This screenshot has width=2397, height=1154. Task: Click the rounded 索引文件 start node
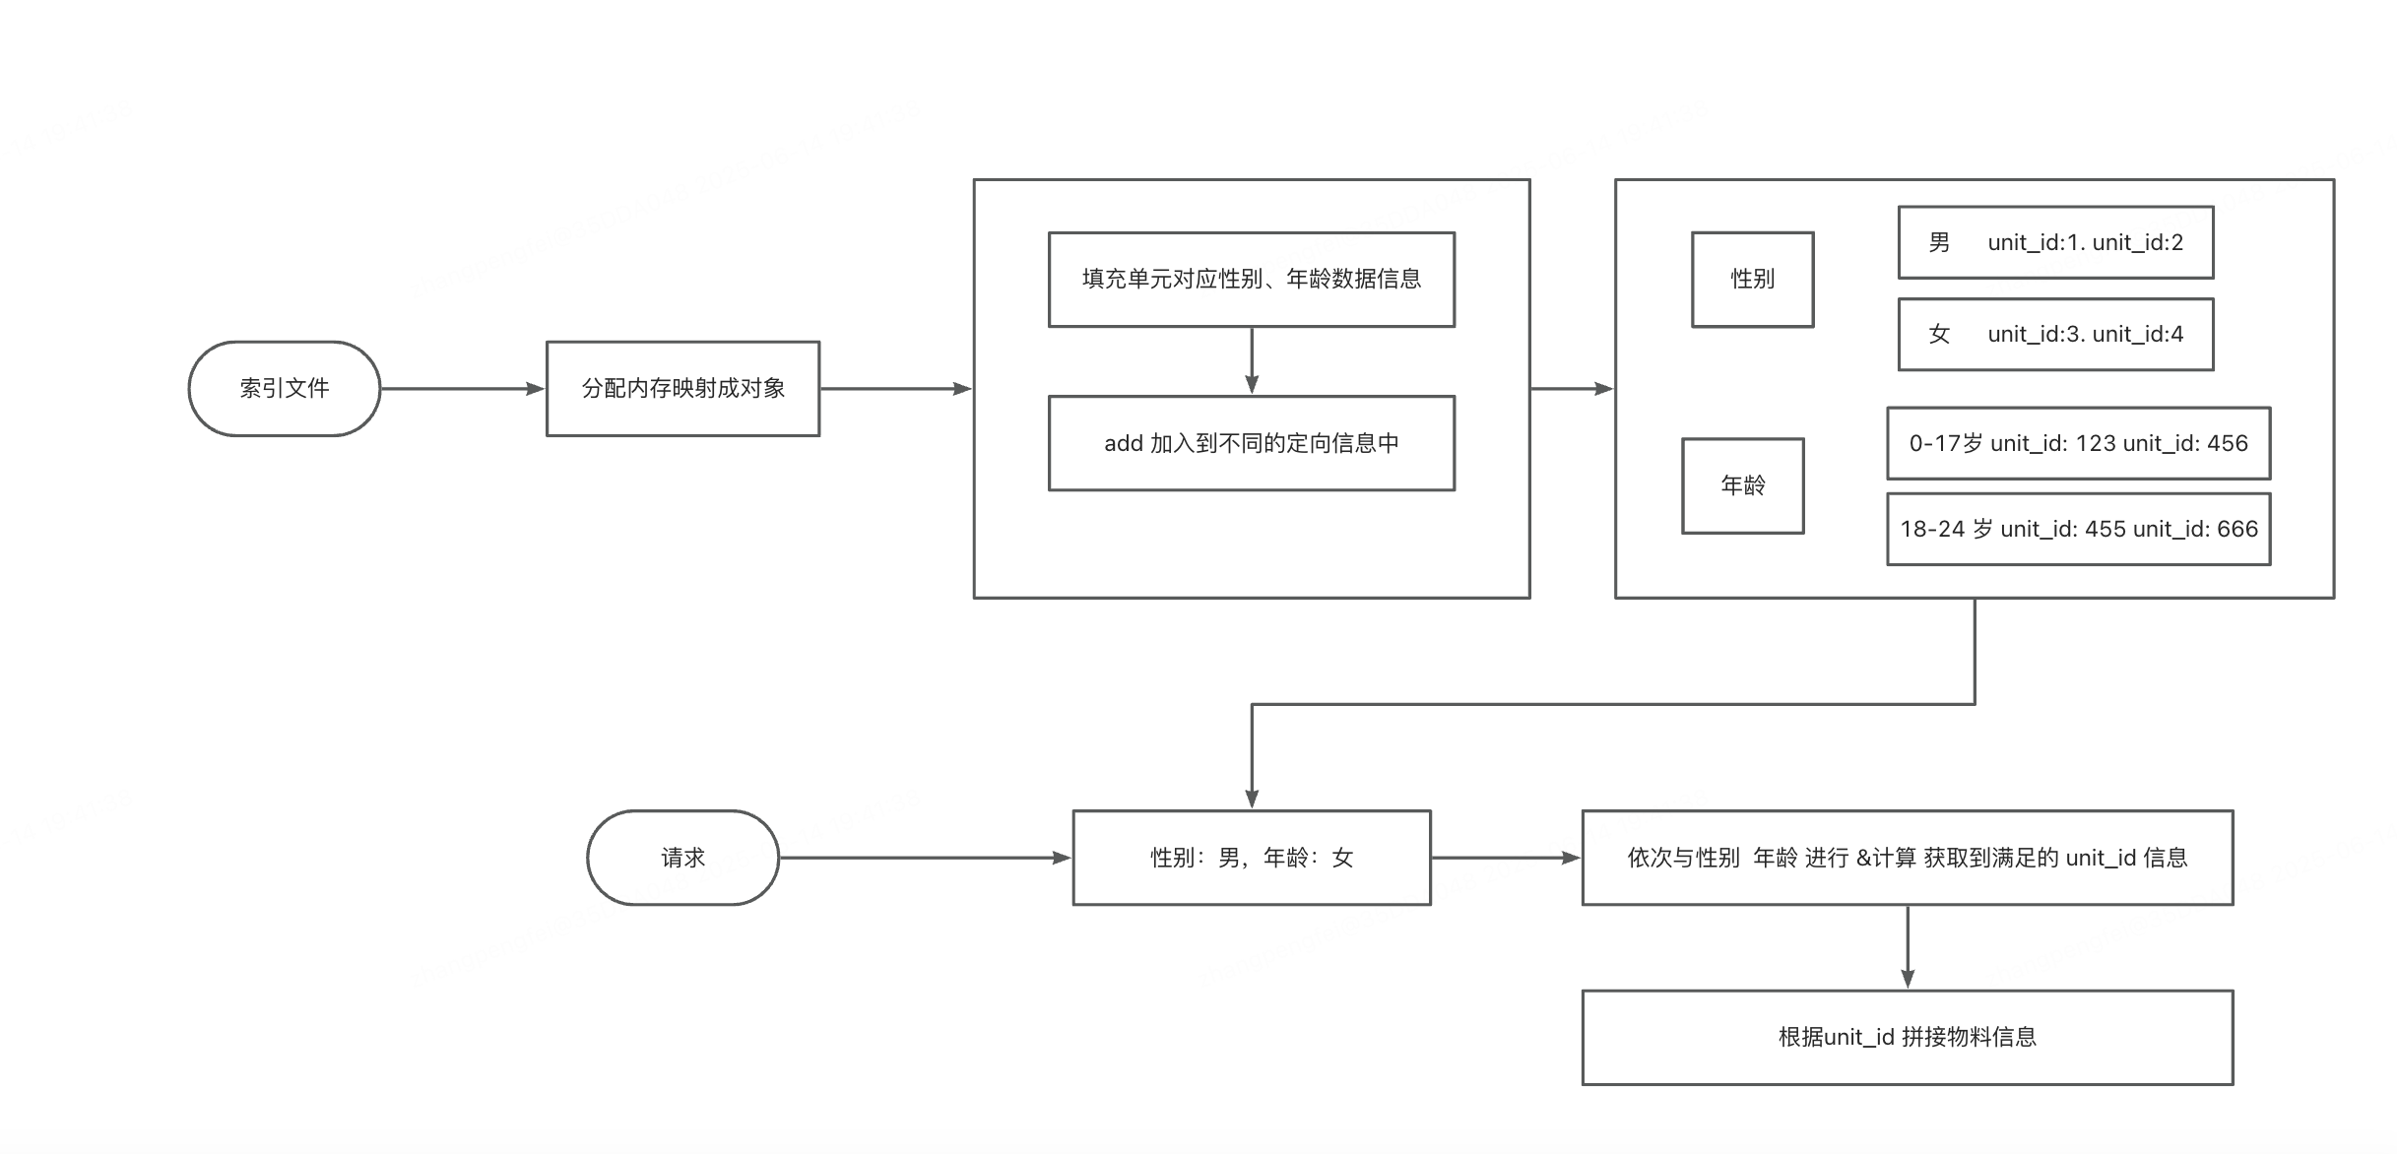pos(285,389)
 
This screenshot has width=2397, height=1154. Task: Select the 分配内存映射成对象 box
pos(682,389)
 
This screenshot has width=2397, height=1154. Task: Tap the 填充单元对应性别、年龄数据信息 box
pos(1251,280)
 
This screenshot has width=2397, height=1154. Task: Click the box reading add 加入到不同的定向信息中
pos(1251,443)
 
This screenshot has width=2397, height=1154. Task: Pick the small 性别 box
pos(1752,280)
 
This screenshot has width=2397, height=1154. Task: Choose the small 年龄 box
pos(1742,485)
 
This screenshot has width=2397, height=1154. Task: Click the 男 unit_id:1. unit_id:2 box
pos(2055,242)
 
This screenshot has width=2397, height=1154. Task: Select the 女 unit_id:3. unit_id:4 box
pos(2055,335)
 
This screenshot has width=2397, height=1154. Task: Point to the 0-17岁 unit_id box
pos(2078,443)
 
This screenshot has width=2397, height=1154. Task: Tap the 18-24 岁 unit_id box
pos(2078,529)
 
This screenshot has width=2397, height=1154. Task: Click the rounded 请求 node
pos(682,858)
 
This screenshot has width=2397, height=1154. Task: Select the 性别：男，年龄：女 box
pos(1251,858)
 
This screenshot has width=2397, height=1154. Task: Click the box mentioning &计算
pos(1907,858)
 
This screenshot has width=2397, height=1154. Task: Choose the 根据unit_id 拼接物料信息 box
pos(1907,1037)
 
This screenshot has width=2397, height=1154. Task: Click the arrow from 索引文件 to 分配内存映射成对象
pos(463,389)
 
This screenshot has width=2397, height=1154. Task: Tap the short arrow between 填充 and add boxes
pos(1252,360)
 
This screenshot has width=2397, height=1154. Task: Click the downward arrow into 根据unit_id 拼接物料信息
pos(1908,946)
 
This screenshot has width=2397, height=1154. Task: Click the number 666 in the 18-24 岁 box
pos(2237,529)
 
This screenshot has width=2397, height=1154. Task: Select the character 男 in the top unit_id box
pos(1939,242)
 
